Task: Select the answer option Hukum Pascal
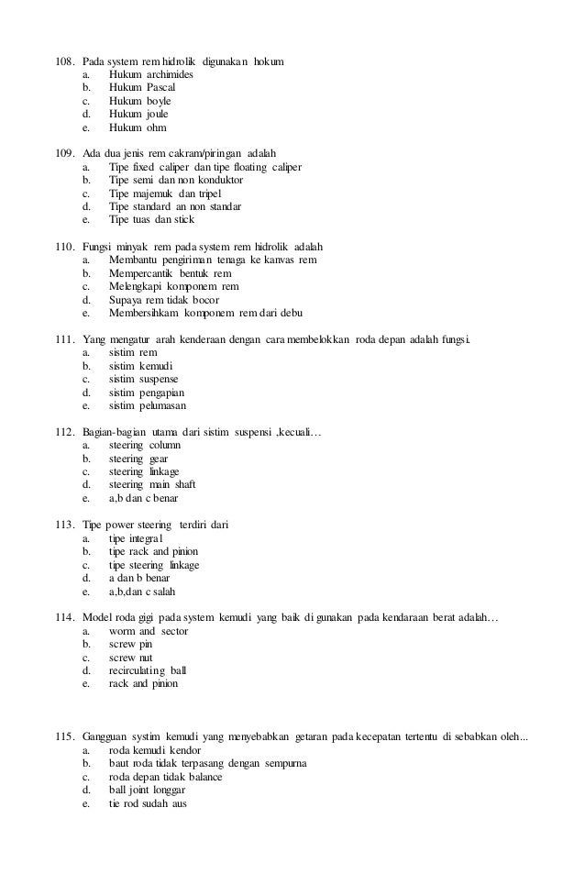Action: (x=142, y=87)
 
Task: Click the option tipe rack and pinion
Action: (x=153, y=552)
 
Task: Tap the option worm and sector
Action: (x=148, y=632)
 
